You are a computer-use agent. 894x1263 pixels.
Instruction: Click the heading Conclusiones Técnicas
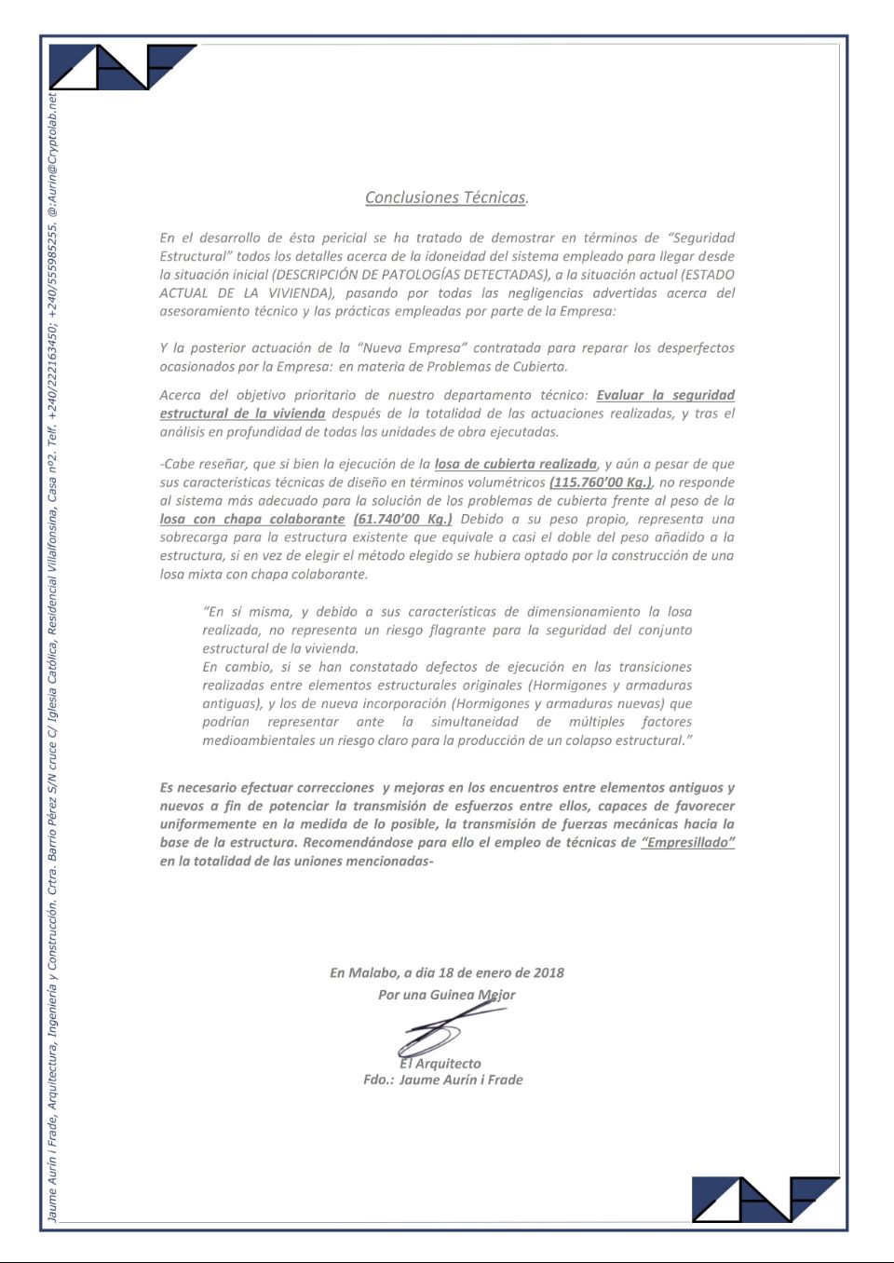pyautogui.click(x=447, y=197)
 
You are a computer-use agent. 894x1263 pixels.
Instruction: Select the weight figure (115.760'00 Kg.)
pyautogui.click(x=601, y=482)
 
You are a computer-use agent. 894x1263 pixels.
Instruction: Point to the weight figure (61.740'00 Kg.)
pyautogui.click(x=402, y=519)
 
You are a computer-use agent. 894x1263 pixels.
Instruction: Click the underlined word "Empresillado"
pyautogui.click(x=688, y=842)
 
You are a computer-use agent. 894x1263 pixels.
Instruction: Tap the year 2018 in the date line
pyautogui.click(x=549, y=972)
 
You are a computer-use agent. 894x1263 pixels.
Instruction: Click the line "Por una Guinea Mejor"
pyautogui.click(x=446, y=995)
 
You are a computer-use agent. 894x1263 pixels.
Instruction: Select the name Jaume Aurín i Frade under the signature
pyautogui.click(x=461, y=1080)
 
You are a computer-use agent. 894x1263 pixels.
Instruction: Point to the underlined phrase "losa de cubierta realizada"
pyautogui.click(x=515, y=464)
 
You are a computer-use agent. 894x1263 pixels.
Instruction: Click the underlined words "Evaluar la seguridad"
pyautogui.click(x=665, y=395)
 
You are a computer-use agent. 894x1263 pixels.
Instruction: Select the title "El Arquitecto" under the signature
pyautogui.click(x=440, y=1064)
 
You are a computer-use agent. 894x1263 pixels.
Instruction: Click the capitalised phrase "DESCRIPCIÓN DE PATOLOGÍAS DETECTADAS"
pyautogui.click(x=410, y=275)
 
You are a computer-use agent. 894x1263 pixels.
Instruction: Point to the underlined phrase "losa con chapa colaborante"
pyautogui.click(x=251, y=519)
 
